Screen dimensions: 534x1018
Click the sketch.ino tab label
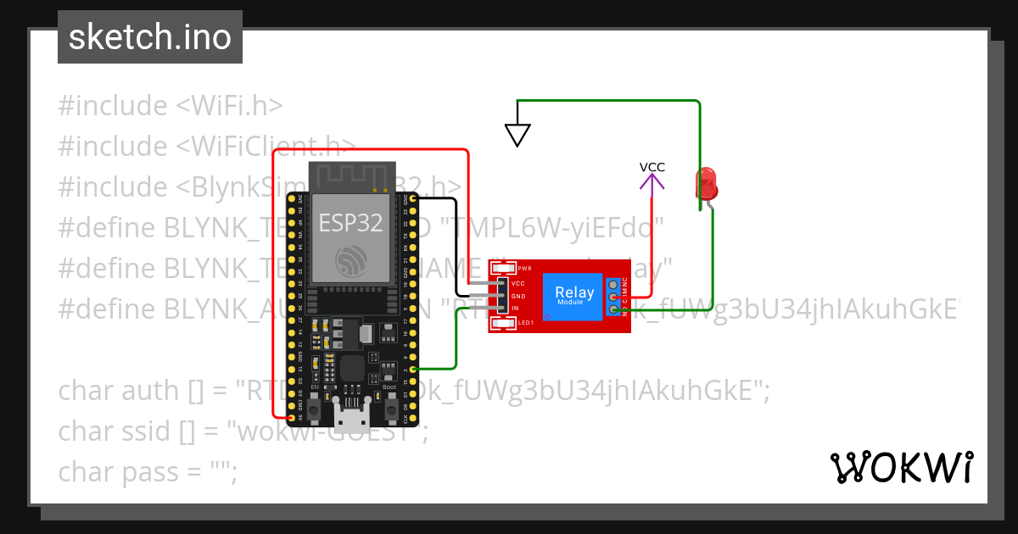click(x=150, y=37)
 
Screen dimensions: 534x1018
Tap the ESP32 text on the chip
click(x=350, y=223)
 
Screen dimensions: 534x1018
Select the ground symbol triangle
click(x=517, y=135)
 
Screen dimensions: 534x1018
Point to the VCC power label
click(x=652, y=167)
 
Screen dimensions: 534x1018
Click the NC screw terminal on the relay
click(x=612, y=283)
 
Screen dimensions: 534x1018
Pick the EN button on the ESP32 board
click(x=314, y=411)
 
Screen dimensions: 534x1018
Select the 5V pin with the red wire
click(x=292, y=418)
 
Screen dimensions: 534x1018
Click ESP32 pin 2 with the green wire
click(x=413, y=370)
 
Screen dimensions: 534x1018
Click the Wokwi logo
click(x=901, y=467)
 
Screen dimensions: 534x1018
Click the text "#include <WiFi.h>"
click(x=170, y=106)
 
